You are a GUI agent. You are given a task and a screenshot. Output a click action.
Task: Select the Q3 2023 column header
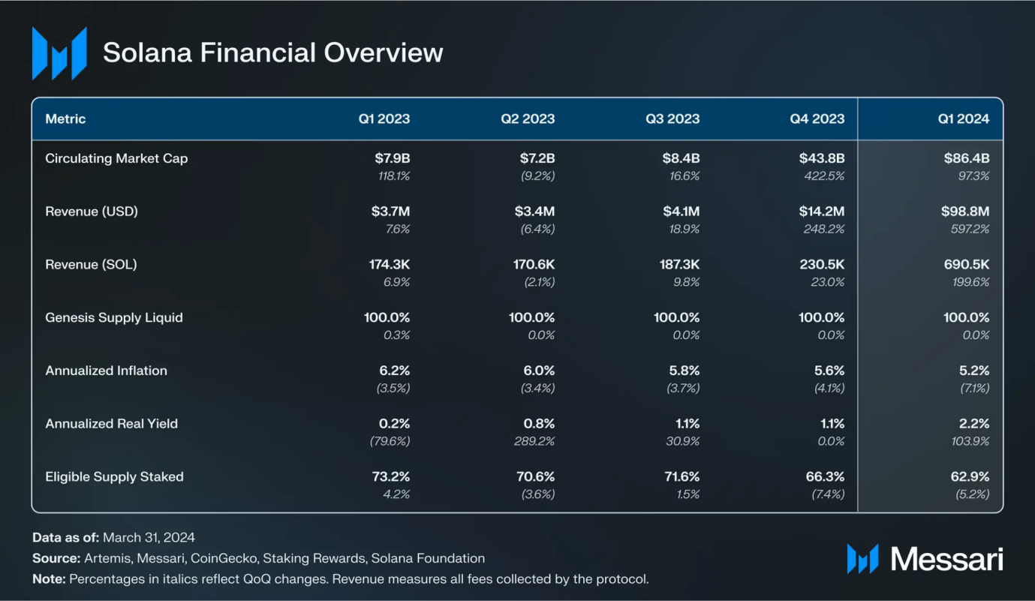(673, 119)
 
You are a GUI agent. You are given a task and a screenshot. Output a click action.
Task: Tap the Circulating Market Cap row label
(116, 158)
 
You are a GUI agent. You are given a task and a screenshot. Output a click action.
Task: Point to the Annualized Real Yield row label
(111, 423)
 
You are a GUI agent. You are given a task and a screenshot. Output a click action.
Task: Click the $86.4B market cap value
(967, 158)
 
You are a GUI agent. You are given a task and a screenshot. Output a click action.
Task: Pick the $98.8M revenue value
(967, 212)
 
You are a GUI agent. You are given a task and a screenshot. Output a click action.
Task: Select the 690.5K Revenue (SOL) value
(967, 264)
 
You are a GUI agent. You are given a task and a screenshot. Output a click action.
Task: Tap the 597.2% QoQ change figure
(969, 229)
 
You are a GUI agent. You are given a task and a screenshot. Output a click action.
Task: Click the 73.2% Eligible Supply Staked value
(387, 476)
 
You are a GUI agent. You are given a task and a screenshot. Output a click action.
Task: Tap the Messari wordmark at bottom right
(946, 559)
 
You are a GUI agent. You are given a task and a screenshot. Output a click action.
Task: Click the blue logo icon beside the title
(59, 53)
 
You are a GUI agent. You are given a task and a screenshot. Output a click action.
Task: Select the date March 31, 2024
(149, 537)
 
